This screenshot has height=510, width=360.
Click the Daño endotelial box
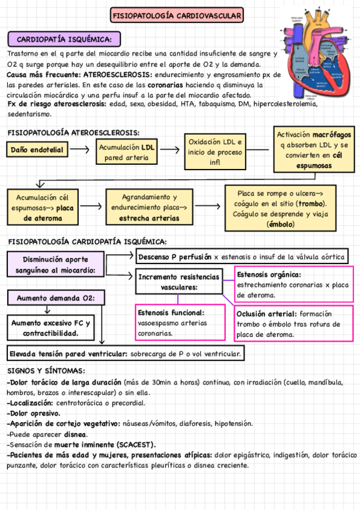37,150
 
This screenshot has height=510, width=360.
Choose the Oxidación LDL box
216,152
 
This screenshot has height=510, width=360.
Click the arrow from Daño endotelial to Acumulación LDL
81,148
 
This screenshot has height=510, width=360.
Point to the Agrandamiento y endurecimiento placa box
149,207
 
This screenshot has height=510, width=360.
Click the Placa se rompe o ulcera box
281,208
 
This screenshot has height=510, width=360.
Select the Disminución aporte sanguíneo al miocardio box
55,265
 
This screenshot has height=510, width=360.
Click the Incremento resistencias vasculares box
178,282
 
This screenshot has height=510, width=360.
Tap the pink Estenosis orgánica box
293,284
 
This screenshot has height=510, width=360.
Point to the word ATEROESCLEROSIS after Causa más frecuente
115,75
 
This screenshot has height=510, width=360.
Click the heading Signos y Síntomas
46,371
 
